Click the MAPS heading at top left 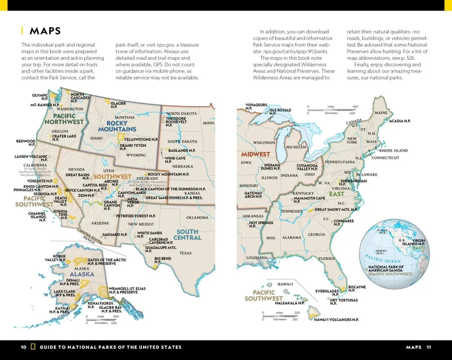[x=45, y=31]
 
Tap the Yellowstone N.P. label [x=141, y=139]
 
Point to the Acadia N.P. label [x=400, y=121]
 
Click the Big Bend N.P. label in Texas [x=163, y=260]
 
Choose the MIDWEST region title [x=255, y=154]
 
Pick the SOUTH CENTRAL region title [x=187, y=234]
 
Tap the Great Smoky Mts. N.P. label [x=336, y=209]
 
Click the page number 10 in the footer [x=24, y=347]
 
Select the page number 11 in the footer [x=428, y=347]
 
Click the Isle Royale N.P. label [x=280, y=111]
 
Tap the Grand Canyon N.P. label [x=111, y=205]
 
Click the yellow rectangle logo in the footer [x=33, y=347]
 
